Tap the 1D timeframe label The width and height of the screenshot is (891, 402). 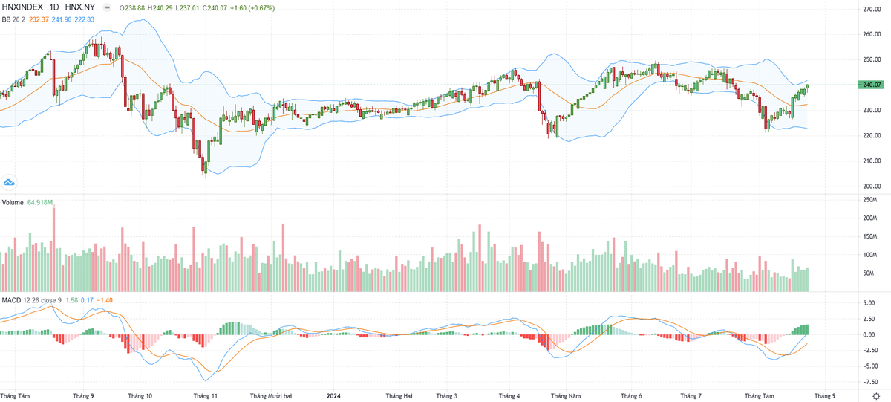(54, 7)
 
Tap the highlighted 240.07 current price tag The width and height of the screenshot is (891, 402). (868, 85)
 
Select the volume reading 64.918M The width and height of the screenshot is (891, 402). (42, 203)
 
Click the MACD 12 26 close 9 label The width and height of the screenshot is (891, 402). (31, 299)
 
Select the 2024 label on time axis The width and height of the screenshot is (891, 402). (334, 396)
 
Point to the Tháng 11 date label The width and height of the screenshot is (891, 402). (204, 396)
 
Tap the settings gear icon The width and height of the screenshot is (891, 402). (877, 396)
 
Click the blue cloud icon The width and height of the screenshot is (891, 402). (10, 182)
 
